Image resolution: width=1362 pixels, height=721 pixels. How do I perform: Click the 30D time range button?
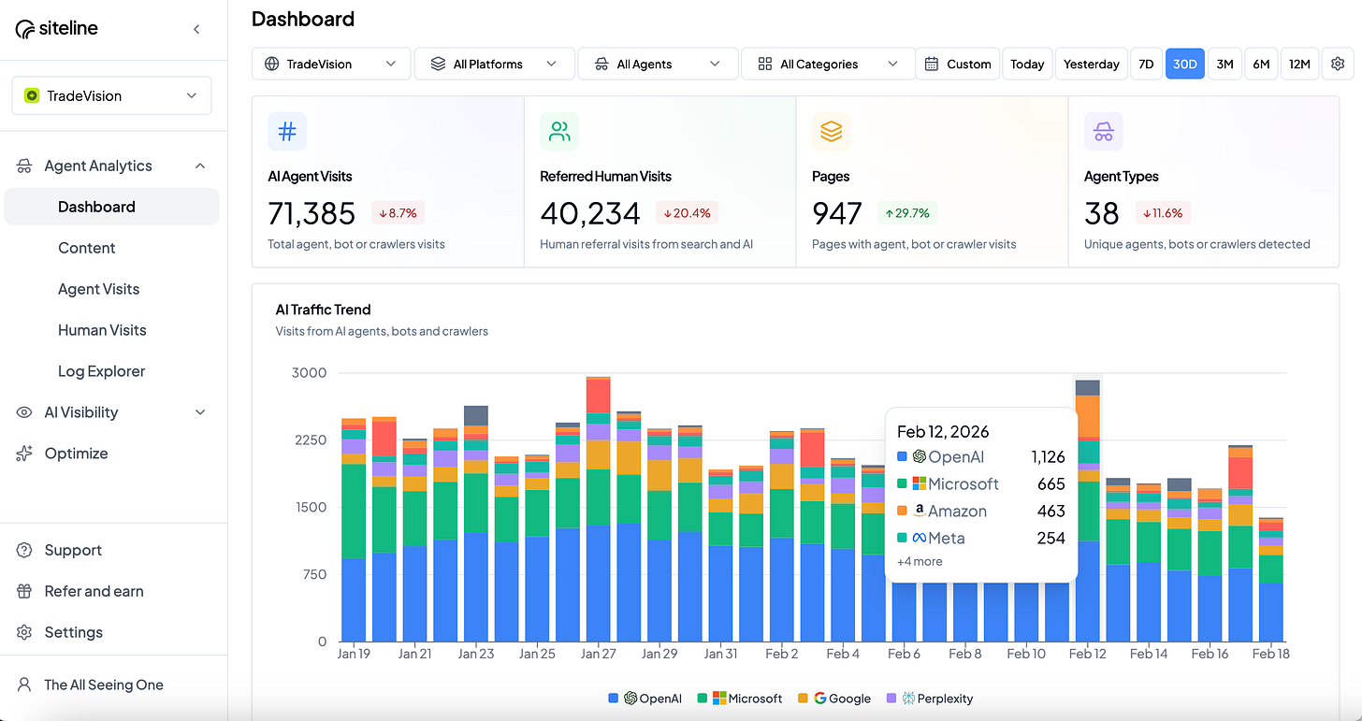(x=1184, y=64)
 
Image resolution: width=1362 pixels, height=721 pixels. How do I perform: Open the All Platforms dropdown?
(x=494, y=64)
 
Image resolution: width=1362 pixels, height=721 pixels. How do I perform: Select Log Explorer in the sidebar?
(x=101, y=371)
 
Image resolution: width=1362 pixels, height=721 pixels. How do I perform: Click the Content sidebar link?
(x=86, y=248)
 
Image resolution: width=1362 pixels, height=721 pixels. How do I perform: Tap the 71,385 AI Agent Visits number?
(x=312, y=213)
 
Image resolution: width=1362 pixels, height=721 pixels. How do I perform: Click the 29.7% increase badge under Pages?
(x=906, y=213)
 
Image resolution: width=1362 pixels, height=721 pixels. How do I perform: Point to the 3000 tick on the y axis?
(x=310, y=373)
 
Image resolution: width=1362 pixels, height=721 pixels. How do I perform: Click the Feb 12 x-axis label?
(x=1087, y=654)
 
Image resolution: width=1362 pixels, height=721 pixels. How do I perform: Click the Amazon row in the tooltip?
(x=980, y=511)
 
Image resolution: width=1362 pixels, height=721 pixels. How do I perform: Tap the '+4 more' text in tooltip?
(x=920, y=562)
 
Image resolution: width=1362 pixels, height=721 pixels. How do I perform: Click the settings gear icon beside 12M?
(x=1338, y=64)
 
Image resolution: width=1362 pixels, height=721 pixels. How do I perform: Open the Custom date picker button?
(x=957, y=64)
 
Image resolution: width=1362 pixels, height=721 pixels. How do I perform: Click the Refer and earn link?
(x=94, y=591)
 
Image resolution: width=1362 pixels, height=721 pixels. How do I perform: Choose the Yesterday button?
(x=1091, y=64)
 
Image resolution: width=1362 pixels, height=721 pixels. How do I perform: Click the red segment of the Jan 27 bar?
(x=599, y=395)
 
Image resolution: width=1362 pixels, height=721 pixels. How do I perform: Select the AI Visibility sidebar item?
(x=81, y=412)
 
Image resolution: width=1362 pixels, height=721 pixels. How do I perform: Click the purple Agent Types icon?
(x=1104, y=132)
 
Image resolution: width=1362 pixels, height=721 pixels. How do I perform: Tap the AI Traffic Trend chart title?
(x=323, y=310)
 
